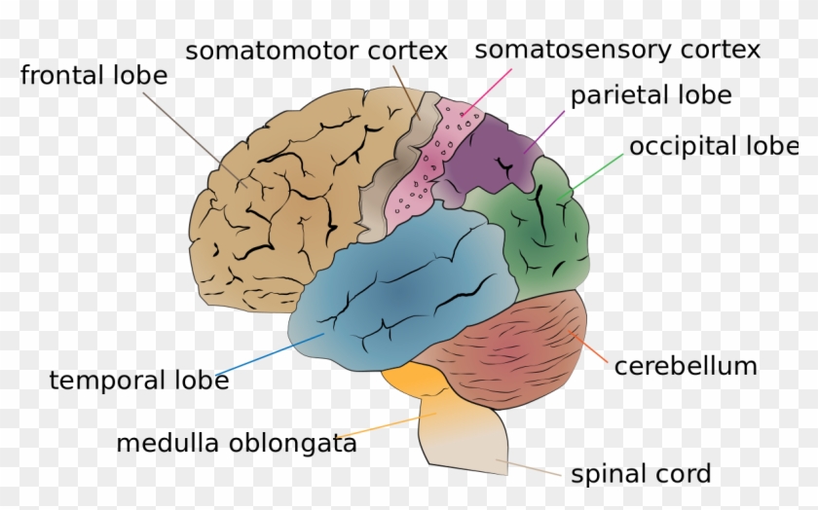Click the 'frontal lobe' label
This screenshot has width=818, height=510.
[x=93, y=76]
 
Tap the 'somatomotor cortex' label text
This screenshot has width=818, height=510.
[x=316, y=50]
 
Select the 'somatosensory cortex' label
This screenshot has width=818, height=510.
[x=617, y=50]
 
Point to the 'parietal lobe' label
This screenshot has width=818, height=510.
[x=651, y=95]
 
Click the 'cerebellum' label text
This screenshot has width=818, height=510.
[x=686, y=366]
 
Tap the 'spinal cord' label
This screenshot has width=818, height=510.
[x=641, y=474]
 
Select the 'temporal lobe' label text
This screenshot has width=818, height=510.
[x=139, y=380]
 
